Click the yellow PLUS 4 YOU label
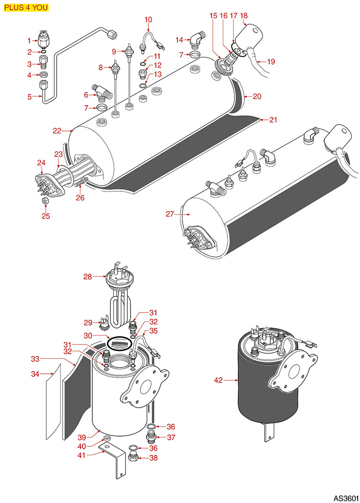pos(25,7)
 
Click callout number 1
pos(29,41)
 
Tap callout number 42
pos(218,381)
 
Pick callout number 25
pos(46,216)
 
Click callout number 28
pos(87,277)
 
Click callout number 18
pos(244,15)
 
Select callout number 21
pos(273,120)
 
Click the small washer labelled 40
pos(107,438)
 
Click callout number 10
pos(148,20)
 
